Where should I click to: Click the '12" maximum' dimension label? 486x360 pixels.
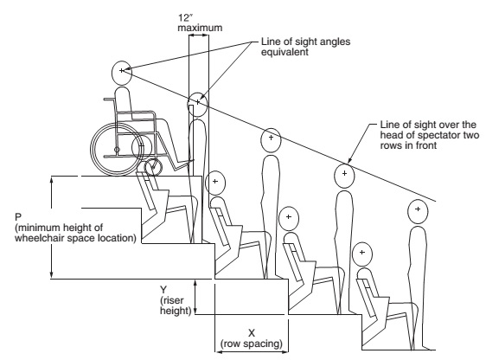click(x=200, y=22)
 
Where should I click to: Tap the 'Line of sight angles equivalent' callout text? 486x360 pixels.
click(x=305, y=47)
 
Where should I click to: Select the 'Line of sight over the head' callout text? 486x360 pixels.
click(x=430, y=135)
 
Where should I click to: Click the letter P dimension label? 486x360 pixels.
click(x=18, y=216)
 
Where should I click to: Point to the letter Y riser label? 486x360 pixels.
click(x=163, y=290)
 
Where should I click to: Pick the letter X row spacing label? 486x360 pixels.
click(x=252, y=333)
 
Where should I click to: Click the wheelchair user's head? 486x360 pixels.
click(x=122, y=73)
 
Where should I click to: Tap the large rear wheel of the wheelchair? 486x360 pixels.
click(x=117, y=149)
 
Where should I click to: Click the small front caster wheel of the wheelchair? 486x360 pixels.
click(x=154, y=167)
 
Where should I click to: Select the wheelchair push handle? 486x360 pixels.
click(x=109, y=100)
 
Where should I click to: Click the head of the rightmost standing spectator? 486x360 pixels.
click(x=418, y=211)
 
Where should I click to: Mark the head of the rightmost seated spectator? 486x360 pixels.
click(x=362, y=254)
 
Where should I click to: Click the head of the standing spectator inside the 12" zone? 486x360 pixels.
click(x=198, y=104)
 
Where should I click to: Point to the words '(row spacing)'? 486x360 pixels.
click(x=252, y=344)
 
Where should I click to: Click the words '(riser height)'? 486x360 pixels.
click(x=176, y=305)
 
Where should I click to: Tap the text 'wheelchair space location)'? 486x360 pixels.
click(x=75, y=238)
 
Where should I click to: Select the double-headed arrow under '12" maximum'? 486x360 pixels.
click(x=199, y=35)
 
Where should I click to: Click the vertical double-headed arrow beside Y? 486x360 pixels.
click(x=195, y=297)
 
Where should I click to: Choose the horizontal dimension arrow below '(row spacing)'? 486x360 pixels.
click(x=252, y=352)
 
